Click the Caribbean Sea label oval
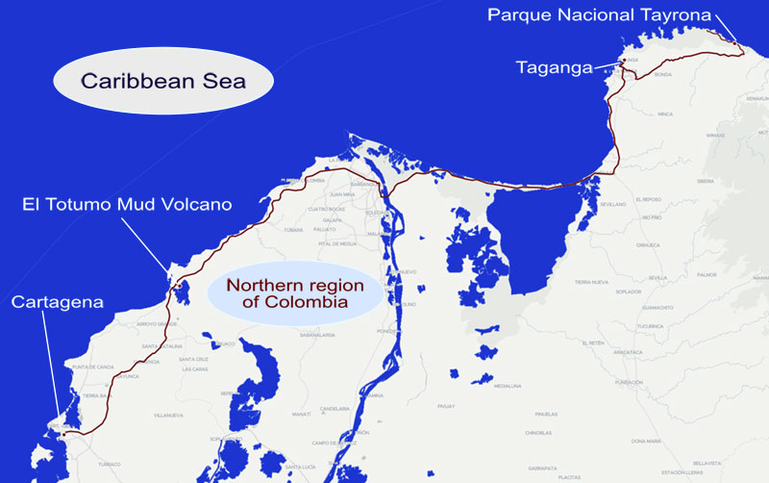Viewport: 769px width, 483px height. coord(163,81)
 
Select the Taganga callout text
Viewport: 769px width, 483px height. coord(554,67)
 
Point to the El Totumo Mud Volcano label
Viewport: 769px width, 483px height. coord(127,205)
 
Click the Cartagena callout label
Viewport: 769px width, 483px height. coord(57,303)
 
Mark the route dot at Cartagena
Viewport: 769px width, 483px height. coord(64,434)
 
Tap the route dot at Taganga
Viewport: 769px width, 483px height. coord(623,62)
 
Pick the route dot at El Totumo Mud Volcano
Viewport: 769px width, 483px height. coord(179,285)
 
